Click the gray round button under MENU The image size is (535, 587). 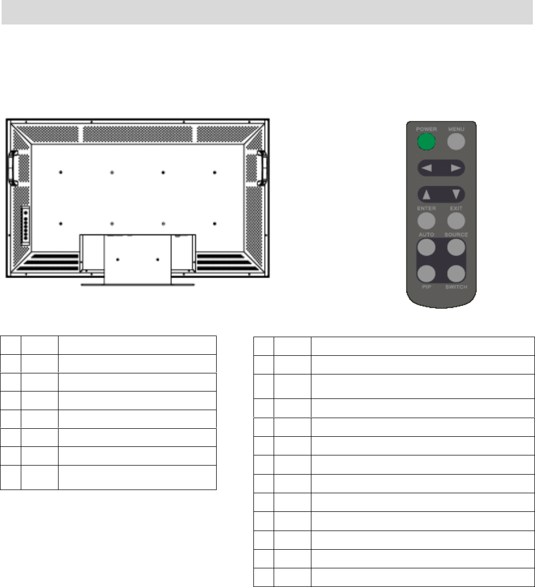(x=456, y=142)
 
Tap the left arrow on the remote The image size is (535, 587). (x=426, y=168)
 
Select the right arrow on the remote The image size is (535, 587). (x=456, y=168)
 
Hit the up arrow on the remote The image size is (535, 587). (x=426, y=194)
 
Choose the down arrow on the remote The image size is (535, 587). (x=456, y=194)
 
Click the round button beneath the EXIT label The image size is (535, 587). (x=456, y=221)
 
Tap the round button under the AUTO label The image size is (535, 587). (x=426, y=248)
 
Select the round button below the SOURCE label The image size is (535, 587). (x=456, y=248)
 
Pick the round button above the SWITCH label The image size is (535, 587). (x=456, y=274)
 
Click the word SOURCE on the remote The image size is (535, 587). (x=456, y=235)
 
